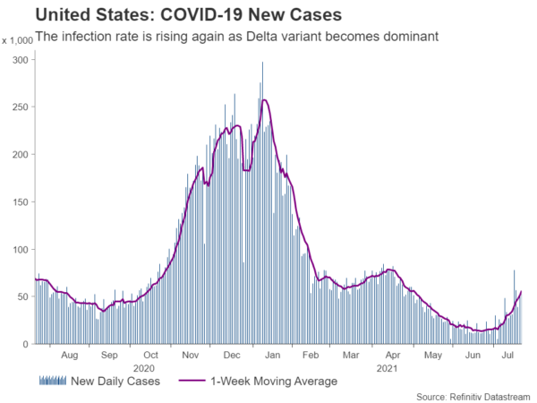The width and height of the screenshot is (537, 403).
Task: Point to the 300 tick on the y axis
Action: [20, 59]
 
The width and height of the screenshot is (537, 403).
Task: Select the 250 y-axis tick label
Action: [20, 107]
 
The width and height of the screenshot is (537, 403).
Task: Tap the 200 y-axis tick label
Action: [20, 154]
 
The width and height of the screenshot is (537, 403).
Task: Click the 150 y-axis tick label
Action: [20, 201]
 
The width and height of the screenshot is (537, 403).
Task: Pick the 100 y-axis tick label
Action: [20, 249]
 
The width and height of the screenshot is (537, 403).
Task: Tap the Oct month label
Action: [150, 355]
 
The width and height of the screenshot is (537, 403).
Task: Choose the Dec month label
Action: [231, 355]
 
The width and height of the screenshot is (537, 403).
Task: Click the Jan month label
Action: [271, 355]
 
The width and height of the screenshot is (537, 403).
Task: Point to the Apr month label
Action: [391, 355]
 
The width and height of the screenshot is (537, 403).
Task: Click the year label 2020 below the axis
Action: [144, 367]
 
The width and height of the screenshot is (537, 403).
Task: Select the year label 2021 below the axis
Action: [387, 367]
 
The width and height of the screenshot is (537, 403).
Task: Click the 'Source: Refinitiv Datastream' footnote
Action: [473, 395]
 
